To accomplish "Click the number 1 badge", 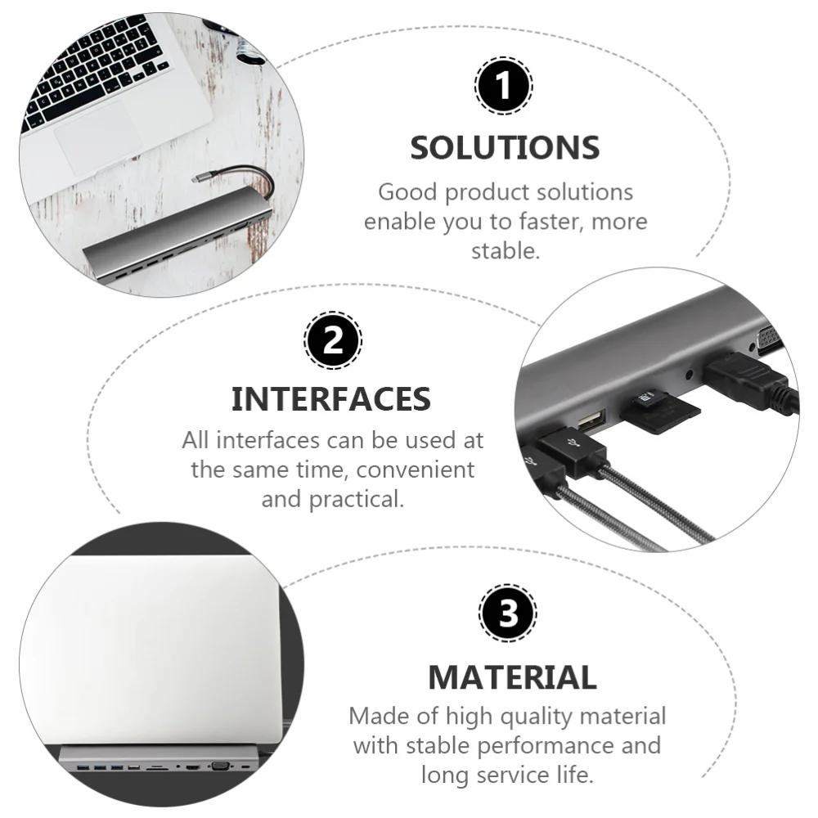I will pos(503,86).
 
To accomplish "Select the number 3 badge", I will pos(507,613).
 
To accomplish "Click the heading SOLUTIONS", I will pos(505,148).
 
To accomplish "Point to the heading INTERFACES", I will pos(330,399).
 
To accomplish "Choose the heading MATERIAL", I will pos(512,677).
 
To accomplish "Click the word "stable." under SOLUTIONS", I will pos(506,251).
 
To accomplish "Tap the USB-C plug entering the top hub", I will pos(203,177).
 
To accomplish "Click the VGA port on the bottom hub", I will pos(218,766).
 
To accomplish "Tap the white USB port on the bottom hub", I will pos(133,769).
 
